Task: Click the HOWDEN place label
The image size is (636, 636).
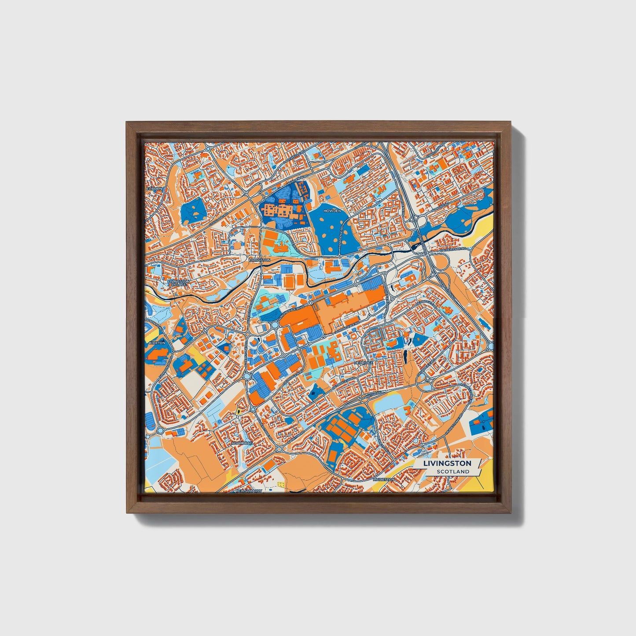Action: pos(332,211)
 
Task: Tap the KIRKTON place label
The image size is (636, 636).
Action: pos(157,342)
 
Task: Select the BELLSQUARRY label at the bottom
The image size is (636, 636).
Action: pos(249,490)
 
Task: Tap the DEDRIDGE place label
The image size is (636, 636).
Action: pos(363,363)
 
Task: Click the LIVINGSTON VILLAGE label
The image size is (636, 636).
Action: pos(178,283)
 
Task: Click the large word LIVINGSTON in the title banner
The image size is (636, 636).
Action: pos(447,463)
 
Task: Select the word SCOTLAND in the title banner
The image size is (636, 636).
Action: pos(453,472)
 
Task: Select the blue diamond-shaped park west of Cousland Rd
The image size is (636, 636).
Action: pos(194,212)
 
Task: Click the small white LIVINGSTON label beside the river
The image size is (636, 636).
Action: pos(259,260)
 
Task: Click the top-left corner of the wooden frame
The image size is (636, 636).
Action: pos(127,123)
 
